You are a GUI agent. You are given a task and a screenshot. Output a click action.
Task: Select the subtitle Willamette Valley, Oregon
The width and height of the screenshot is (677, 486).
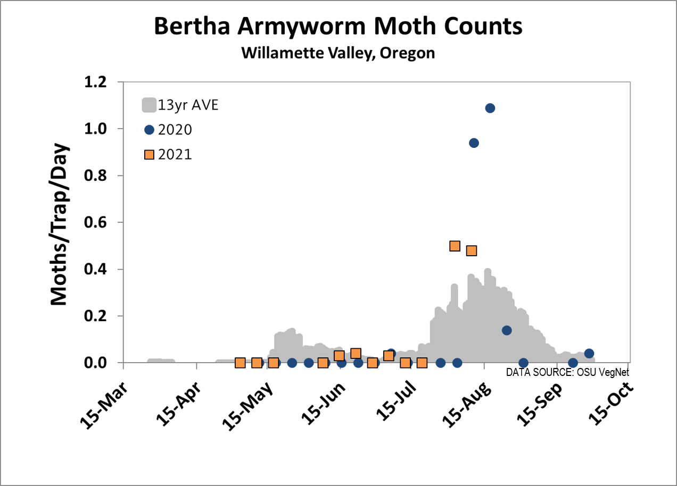[x=338, y=53]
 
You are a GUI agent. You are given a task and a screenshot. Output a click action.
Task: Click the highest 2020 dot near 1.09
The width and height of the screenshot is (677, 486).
[x=490, y=108]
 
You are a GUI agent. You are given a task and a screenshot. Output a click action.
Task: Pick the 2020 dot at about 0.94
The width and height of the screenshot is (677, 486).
[x=474, y=143]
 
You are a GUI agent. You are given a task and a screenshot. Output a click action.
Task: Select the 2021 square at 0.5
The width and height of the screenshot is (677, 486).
[x=455, y=246]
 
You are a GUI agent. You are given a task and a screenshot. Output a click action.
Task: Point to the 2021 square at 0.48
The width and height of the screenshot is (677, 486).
[x=472, y=250]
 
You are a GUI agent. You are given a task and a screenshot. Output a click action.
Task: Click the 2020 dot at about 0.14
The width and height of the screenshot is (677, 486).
[x=507, y=330]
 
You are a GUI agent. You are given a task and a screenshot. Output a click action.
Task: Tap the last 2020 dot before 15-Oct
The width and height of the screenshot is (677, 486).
[x=589, y=354]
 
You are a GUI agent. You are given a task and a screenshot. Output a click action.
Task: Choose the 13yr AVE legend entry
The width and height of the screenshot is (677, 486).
[x=180, y=105]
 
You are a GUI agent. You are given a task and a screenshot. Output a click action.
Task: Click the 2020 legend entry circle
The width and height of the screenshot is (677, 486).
[x=149, y=130]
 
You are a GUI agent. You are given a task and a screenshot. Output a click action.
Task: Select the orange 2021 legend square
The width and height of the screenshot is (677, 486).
[x=149, y=155]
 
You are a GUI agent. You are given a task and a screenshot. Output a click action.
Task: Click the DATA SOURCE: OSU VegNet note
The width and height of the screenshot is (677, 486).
[x=567, y=372]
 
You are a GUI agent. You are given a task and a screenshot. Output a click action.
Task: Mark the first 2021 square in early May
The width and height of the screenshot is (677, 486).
[x=240, y=363]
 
